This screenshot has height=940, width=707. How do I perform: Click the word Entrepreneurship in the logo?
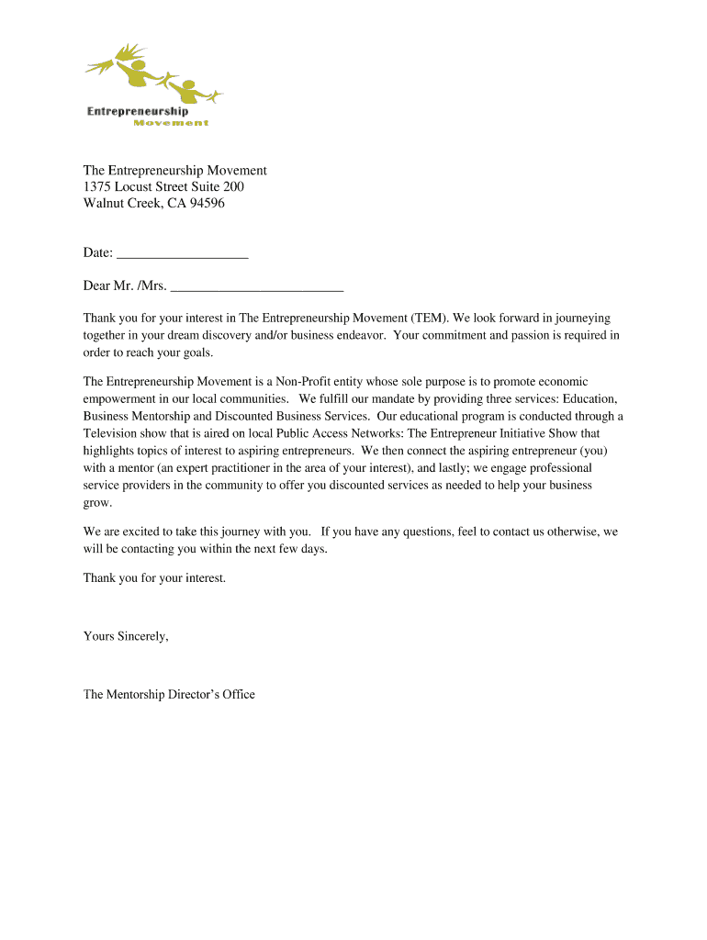[138, 112]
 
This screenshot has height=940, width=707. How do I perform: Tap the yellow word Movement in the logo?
[171, 123]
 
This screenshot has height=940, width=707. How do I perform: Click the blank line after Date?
[183, 254]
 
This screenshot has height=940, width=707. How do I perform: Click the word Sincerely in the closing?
[142, 636]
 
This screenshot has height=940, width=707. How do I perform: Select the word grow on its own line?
[96, 503]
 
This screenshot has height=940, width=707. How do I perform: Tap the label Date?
[98, 253]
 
